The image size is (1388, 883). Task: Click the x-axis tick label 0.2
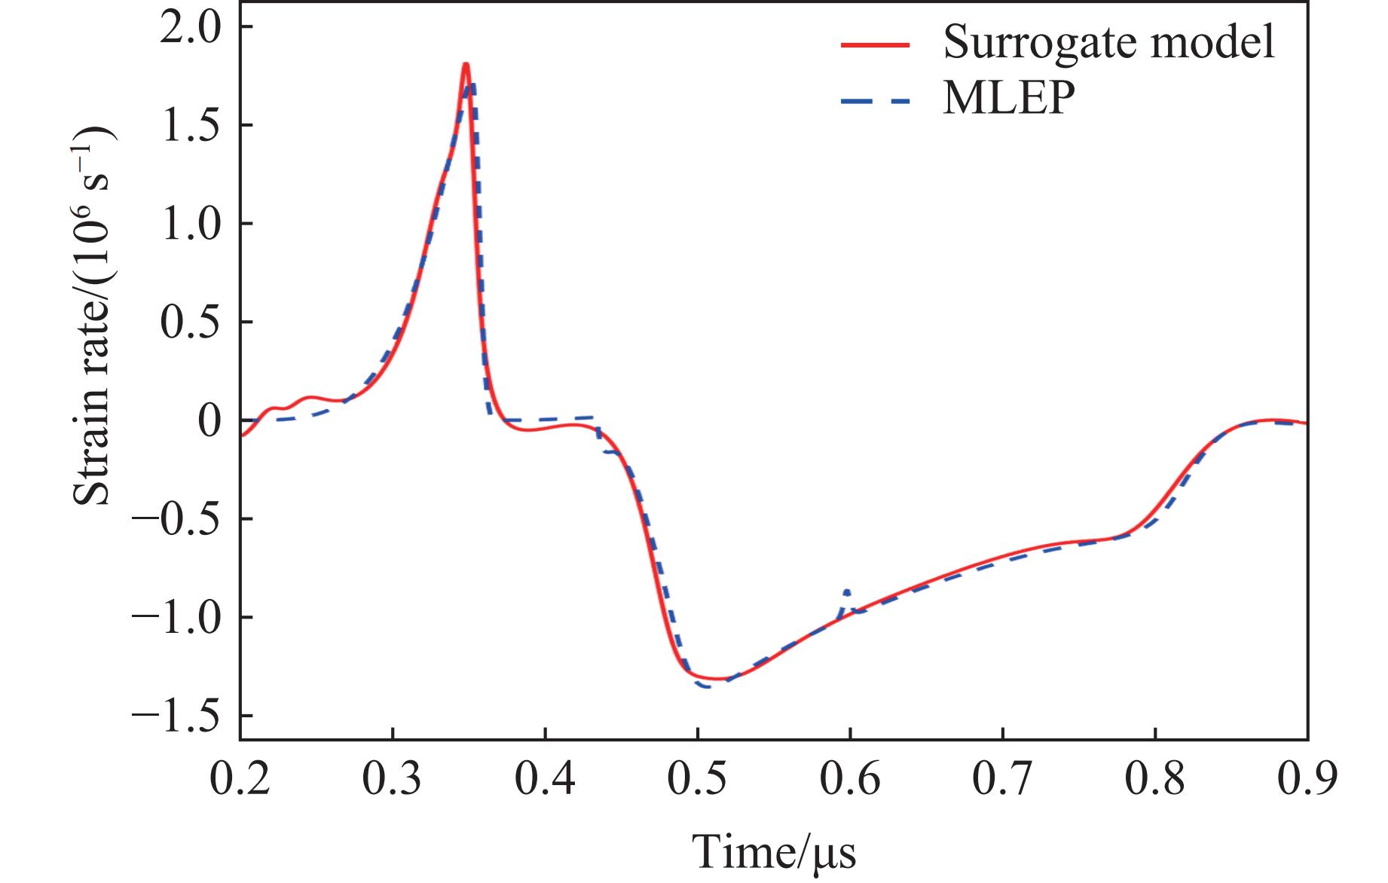coord(240,780)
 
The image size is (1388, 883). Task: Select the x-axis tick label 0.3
coord(393,780)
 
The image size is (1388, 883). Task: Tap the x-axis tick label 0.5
coord(698,780)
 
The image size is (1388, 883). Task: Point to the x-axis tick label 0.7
coord(1003,780)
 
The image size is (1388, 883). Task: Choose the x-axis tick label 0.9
coord(1307,780)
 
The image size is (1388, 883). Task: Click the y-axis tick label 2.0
coord(194,28)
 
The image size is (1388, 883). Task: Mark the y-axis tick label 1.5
coord(194,126)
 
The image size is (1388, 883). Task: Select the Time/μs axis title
coord(774,851)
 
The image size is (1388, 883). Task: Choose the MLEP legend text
coord(1008,98)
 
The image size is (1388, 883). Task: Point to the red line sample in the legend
coord(876,44)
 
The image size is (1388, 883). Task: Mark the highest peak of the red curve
coord(466,65)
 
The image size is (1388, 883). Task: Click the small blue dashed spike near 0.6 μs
coord(848,591)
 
